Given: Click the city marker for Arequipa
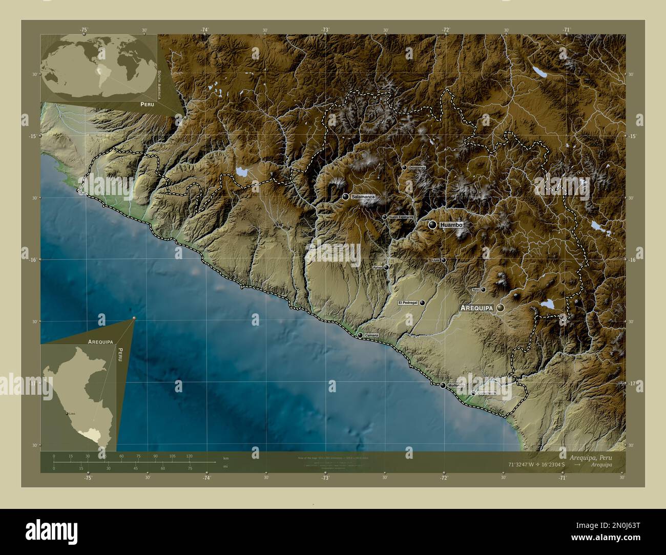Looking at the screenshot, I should pos(500,308).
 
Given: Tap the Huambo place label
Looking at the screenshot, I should pos(451,225).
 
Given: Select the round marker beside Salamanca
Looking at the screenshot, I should pos(346,197).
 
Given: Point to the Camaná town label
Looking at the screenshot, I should pos(371,335).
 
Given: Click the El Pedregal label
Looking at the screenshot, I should pos(408,303).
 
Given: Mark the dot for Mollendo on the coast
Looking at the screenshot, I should pos(443,385).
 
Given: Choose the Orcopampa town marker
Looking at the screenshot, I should pos(404,167).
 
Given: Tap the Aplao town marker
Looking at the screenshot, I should pos(387,267).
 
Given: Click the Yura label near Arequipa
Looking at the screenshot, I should pos(475,290).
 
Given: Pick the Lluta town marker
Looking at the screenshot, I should pos(444,260).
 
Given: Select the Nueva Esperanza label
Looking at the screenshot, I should pos(401,217).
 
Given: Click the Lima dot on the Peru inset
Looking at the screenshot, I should pos(66,413).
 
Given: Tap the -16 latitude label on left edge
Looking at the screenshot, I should pos(32,260).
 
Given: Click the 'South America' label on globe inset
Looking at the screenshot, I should pos(159,84).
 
